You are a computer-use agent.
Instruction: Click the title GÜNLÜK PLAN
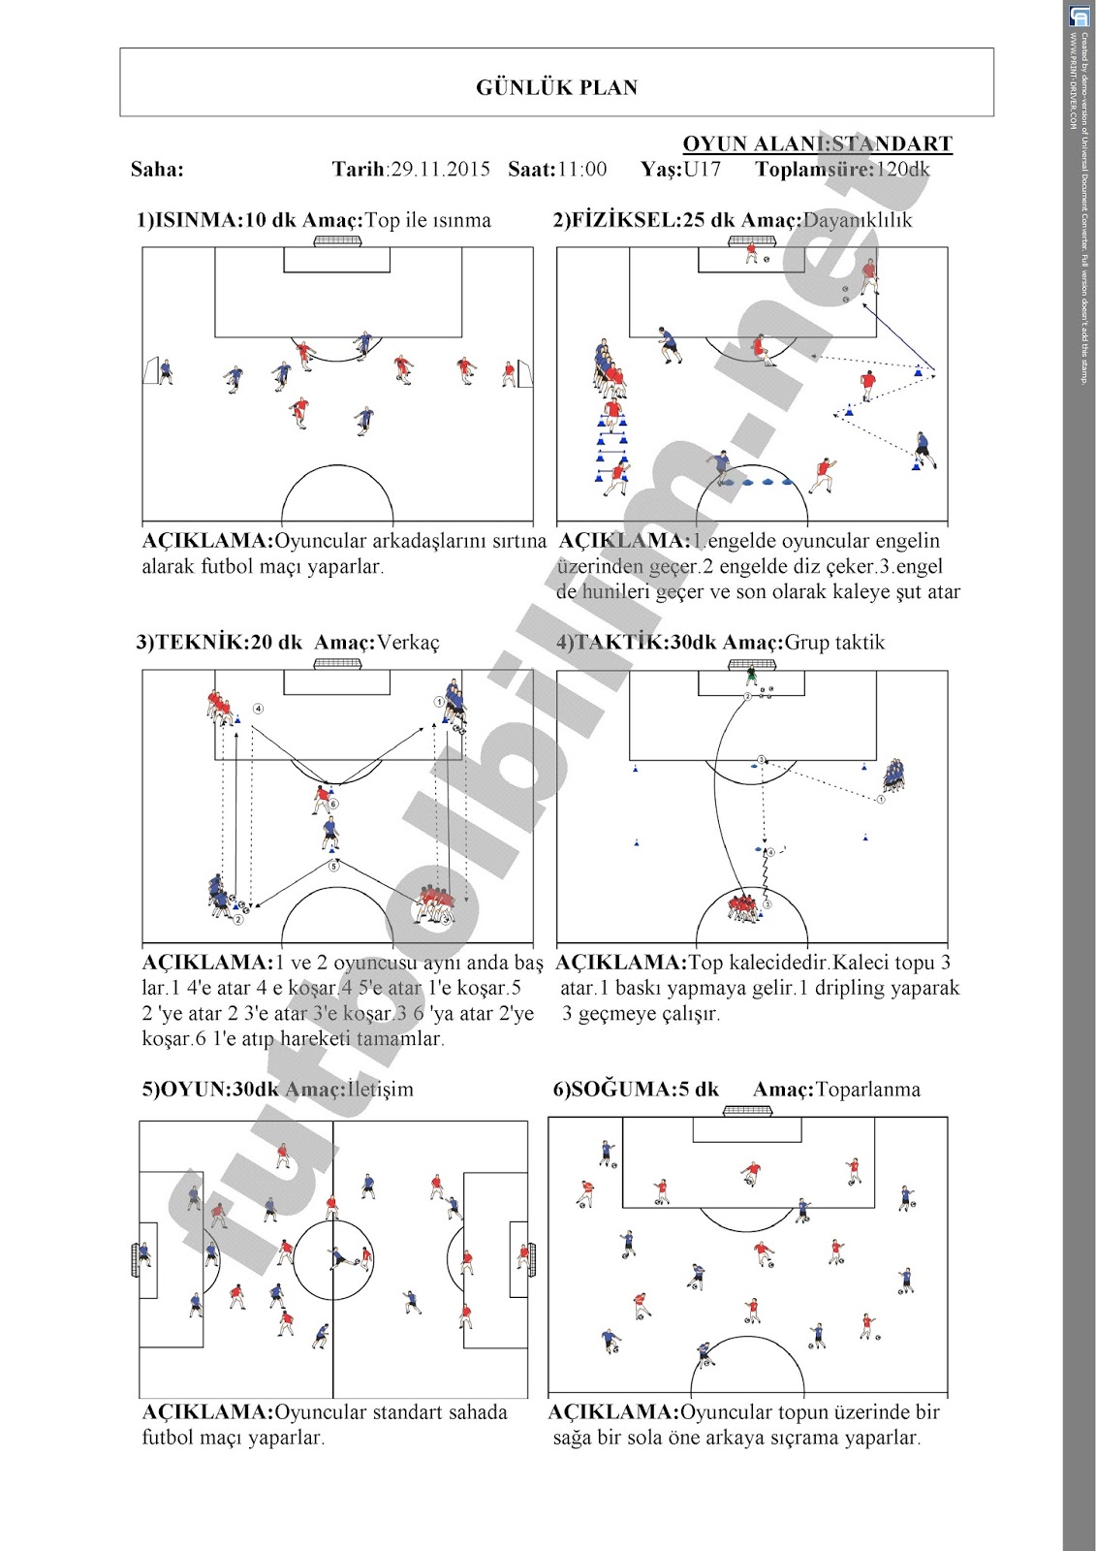click(x=556, y=87)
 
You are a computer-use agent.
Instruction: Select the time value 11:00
click(x=582, y=170)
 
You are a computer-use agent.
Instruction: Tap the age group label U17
click(x=703, y=170)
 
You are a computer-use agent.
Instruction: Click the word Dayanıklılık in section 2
click(x=858, y=220)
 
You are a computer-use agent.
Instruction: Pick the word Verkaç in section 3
click(x=408, y=642)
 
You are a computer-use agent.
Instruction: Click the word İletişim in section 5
click(x=380, y=1089)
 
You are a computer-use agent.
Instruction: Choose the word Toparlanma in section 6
click(x=868, y=1089)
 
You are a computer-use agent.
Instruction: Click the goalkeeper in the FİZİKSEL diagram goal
click(x=751, y=253)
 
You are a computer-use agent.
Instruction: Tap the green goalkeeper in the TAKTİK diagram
click(x=751, y=676)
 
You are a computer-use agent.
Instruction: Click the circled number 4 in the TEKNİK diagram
click(x=258, y=709)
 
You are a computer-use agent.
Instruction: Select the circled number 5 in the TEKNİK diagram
click(x=333, y=866)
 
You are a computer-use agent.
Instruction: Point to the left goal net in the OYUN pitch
click(x=135, y=1258)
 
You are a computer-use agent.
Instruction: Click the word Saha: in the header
click(x=157, y=170)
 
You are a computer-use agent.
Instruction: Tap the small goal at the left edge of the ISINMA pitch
click(x=151, y=371)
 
